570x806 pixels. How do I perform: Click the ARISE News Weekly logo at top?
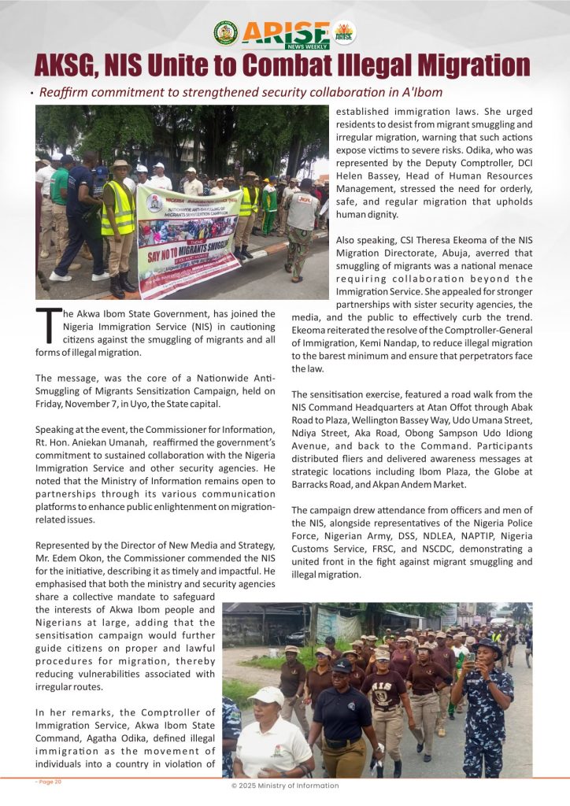coord(285,34)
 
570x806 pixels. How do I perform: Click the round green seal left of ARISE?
coord(225,33)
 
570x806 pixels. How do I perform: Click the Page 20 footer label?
coord(48,782)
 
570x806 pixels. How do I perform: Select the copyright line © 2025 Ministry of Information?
coord(284,785)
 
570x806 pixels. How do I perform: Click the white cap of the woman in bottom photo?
coord(265,695)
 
